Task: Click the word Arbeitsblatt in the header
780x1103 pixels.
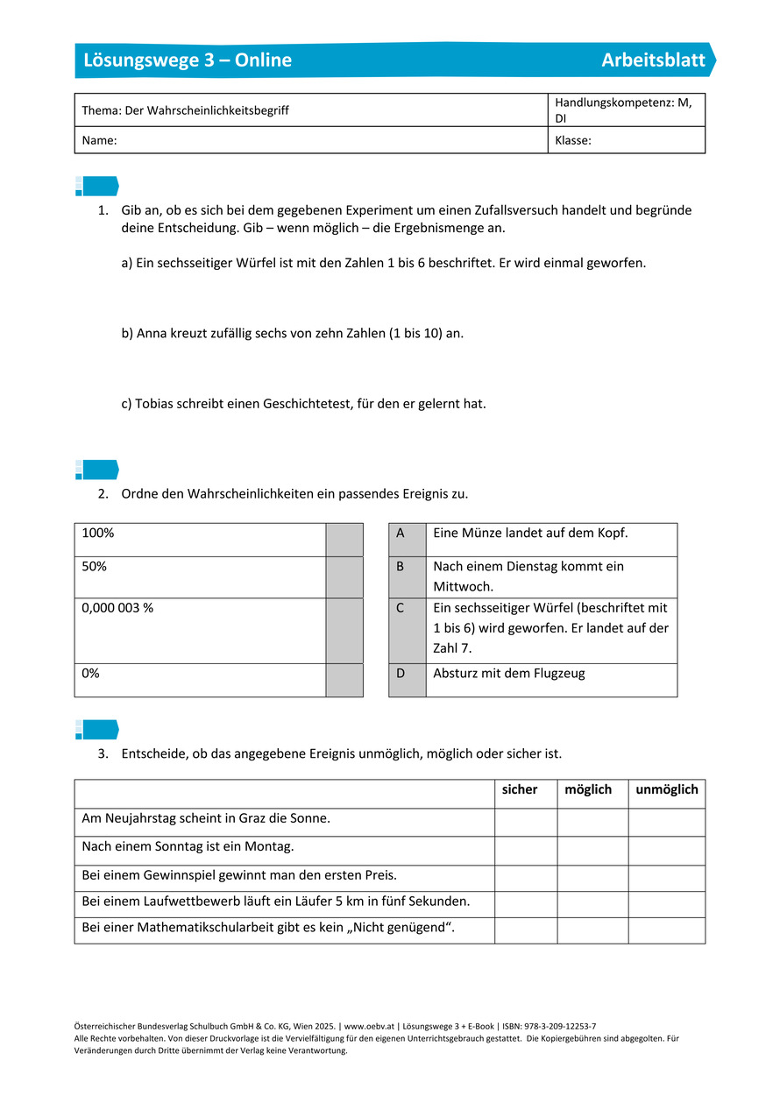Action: click(x=653, y=60)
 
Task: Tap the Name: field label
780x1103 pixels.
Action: click(x=99, y=140)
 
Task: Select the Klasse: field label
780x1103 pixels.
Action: click(x=573, y=140)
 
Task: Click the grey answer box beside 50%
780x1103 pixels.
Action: click(x=344, y=577)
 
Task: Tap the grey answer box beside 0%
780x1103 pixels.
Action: click(x=344, y=680)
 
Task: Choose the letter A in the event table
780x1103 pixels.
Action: click(x=401, y=533)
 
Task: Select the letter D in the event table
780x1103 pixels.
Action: click(x=401, y=674)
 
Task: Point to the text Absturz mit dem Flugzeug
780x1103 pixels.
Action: click(x=508, y=674)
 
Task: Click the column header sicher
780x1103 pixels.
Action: click(x=520, y=789)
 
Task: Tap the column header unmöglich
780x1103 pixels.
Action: click(x=667, y=789)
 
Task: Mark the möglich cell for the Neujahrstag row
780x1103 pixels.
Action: click(x=592, y=823)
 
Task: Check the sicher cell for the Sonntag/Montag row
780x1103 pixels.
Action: click(x=526, y=851)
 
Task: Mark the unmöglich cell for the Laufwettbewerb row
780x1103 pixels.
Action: click(x=667, y=905)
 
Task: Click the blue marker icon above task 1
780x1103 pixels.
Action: click(x=96, y=186)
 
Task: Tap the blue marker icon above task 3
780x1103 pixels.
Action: click(x=96, y=730)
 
